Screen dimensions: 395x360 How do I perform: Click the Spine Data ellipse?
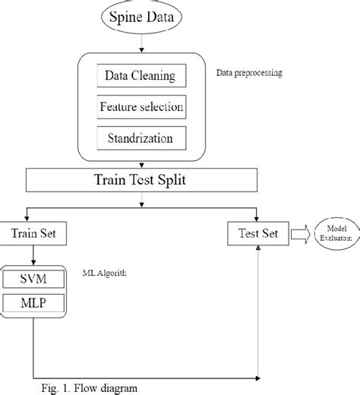(x=141, y=17)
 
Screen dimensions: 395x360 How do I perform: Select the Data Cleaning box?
(x=141, y=76)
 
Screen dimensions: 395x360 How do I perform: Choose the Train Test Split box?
(x=141, y=181)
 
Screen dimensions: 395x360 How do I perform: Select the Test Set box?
(x=259, y=235)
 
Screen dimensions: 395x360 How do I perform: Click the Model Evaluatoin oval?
(x=332, y=234)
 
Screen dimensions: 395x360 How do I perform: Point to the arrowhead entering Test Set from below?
(x=260, y=251)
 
